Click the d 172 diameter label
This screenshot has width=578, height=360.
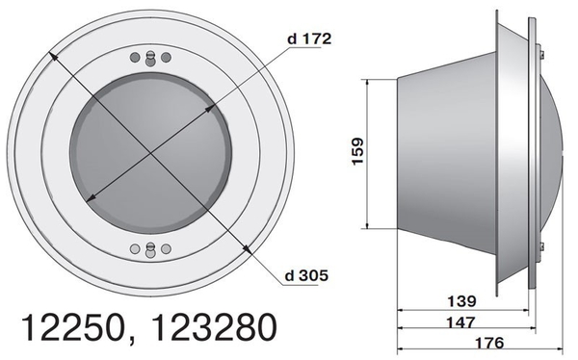[309, 39]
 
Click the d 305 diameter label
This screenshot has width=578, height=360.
[306, 275]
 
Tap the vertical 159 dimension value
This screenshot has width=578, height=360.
[357, 151]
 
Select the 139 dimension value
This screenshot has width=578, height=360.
[461, 301]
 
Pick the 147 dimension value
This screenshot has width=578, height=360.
[461, 322]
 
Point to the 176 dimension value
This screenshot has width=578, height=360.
[488, 343]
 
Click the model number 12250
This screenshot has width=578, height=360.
[72, 327]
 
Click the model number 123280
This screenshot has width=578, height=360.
[214, 327]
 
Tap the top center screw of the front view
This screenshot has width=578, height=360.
[150, 59]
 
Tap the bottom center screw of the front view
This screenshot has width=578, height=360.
[150, 250]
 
